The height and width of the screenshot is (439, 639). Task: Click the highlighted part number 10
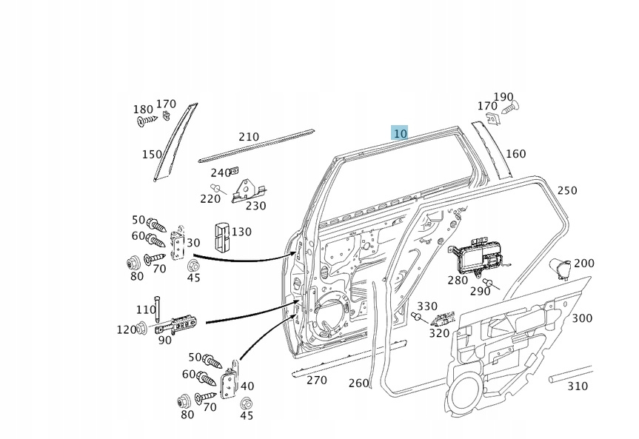[400, 133]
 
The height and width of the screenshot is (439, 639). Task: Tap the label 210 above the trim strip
[249, 137]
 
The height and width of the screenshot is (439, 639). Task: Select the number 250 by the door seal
[566, 190]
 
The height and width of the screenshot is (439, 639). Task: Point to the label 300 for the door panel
[582, 318]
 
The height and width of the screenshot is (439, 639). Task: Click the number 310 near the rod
[578, 386]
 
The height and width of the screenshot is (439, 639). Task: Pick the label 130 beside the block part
[241, 232]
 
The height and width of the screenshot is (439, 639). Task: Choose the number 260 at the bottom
[358, 383]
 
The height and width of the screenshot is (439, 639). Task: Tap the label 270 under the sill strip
[316, 380]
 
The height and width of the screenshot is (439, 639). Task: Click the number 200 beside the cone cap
[584, 263]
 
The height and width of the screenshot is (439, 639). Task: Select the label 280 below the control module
[458, 280]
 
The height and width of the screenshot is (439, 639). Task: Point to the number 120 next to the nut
[126, 329]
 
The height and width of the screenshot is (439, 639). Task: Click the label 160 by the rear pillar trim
[515, 154]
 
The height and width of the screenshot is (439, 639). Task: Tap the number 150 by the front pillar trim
[152, 154]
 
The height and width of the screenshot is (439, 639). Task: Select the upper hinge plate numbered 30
[178, 246]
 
